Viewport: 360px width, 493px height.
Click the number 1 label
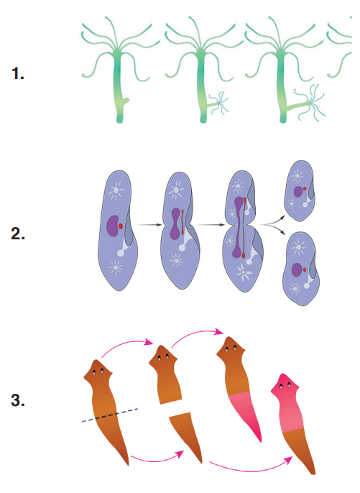click(18, 73)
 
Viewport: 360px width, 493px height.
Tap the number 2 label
click(18, 234)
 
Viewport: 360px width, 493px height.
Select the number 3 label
click(18, 400)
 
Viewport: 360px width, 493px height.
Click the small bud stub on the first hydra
click(126, 102)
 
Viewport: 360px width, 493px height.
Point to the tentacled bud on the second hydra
click(218, 101)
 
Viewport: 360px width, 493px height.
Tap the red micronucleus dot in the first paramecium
click(121, 226)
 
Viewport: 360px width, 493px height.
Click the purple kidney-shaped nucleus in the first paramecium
click(112, 226)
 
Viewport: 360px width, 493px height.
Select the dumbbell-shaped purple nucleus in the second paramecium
click(175, 224)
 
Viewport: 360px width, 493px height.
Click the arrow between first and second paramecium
click(149, 225)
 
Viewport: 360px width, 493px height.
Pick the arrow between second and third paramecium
click(211, 225)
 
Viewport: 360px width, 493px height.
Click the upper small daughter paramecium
click(299, 190)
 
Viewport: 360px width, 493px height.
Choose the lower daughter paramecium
click(301, 269)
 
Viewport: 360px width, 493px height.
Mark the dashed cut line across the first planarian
click(110, 415)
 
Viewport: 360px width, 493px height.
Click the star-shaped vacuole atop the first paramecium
click(116, 190)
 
